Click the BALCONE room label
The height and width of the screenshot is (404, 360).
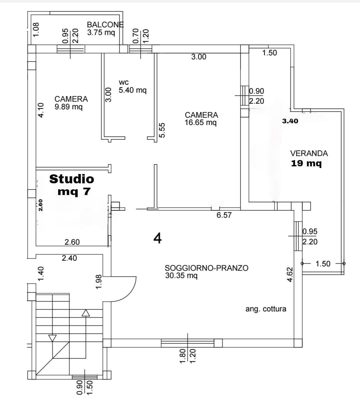tap(105, 25)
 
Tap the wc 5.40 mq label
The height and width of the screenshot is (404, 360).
tap(132, 86)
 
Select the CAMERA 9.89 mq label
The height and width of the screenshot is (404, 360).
tap(71, 103)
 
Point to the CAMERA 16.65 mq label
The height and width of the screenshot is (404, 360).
tap(201, 119)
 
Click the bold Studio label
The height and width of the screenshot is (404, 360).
tap(72, 179)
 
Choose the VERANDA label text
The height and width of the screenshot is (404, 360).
tap(309, 153)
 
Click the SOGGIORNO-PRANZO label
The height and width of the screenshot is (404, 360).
tap(206, 268)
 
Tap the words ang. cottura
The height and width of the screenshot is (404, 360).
tap(266, 309)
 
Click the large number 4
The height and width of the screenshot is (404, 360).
tap(157, 238)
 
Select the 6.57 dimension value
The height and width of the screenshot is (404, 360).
tap(224, 215)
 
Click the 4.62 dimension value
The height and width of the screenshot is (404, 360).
tap(290, 274)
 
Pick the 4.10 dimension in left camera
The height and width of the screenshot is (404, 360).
tap(41, 110)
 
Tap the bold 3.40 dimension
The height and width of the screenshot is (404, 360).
tap(290, 121)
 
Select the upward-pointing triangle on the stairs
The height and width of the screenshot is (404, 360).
tap(86, 313)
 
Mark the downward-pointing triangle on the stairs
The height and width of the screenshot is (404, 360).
tap(52, 338)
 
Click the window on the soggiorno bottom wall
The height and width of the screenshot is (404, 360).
tap(187, 343)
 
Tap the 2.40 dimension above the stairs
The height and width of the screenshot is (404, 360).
tap(69, 258)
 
